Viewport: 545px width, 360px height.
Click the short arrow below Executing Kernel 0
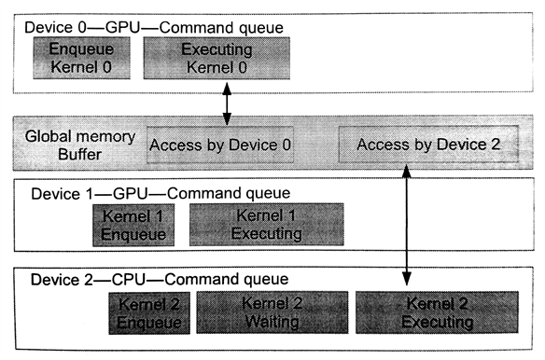click(x=226, y=101)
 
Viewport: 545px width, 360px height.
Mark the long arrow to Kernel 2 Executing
click(x=407, y=224)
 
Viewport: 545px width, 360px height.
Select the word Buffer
click(x=57, y=155)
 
